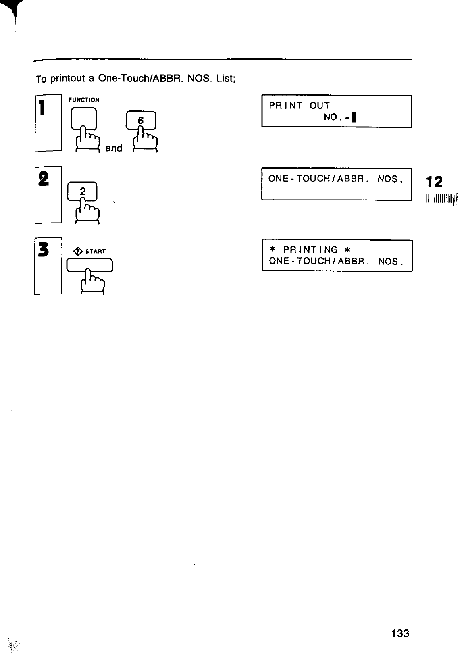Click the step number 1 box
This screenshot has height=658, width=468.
click(x=48, y=123)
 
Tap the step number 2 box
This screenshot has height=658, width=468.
click(x=48, y=194)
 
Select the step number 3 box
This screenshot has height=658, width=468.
click(x=48, y=266)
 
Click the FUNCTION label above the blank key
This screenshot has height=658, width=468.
click(x=84, y=100)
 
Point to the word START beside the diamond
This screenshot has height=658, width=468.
click(x=96, y=252)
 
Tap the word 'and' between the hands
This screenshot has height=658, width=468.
click(x=114, y=148)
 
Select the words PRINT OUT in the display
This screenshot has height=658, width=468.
click(x=299, y=106)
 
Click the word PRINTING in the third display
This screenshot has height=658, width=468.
click(x=310, y=250)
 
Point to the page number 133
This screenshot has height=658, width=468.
click(x=400, y=633)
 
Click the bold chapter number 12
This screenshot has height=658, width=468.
click(x=435, y=182)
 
